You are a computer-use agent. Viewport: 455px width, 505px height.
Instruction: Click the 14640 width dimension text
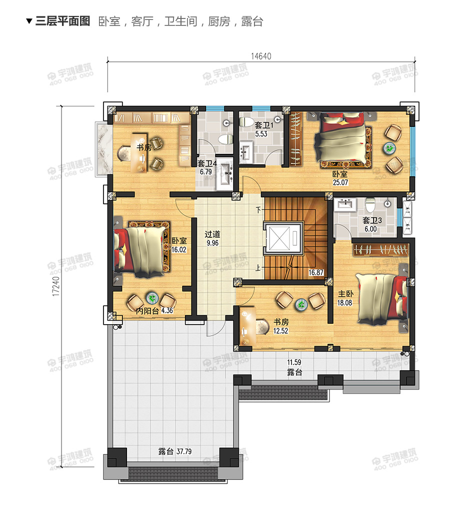coord(261,56)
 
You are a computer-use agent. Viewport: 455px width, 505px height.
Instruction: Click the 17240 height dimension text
coord(56,286)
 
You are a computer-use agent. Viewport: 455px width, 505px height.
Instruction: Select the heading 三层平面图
coord(62,21)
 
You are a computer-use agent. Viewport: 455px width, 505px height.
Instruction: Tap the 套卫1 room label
coord(264,125)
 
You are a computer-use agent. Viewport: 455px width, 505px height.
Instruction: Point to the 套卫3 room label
coord(372,220)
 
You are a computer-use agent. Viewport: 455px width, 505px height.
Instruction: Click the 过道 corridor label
coord(212,234)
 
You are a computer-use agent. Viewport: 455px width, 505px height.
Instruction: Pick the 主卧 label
coord(345,293)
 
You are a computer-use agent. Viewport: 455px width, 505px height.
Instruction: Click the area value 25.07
coord(340,182)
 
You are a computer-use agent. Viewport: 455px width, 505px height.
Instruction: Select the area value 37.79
coord(184,452)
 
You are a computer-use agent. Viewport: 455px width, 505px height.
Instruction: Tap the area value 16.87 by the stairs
coord(316,272)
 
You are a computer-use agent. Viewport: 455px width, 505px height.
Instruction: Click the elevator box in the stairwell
coord(283,238)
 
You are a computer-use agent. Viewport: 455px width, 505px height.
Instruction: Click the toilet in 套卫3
coord(370,204)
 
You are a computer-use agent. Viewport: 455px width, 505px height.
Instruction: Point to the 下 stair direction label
coord(258,210)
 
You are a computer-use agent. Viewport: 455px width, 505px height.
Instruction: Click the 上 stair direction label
coord(258,268)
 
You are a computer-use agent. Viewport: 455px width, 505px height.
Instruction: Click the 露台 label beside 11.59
coord(294,373)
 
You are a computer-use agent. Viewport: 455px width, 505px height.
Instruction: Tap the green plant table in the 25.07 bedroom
coord(389,148)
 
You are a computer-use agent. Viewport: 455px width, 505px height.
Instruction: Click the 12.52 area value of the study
coord(280,331)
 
